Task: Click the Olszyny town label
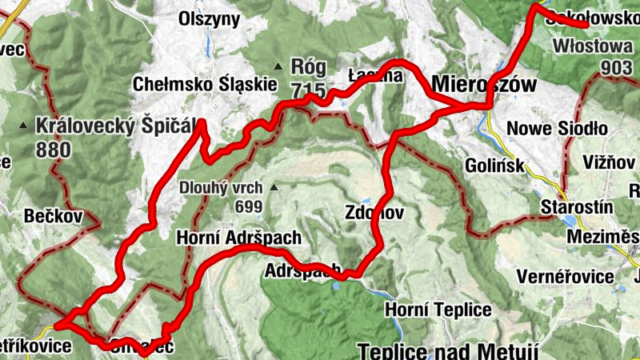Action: (210, 19)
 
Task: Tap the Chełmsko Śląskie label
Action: (205, 83)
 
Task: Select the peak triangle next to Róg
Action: (278, 66)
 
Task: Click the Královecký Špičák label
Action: (116, 126)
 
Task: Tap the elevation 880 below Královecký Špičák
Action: (54, 149)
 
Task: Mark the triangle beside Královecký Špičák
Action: (24, 126)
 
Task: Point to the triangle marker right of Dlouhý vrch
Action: (274, 189)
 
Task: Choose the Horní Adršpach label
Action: (238, 238)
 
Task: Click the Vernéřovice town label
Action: (565, 277)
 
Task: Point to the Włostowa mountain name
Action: (592, 46)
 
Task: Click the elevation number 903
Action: (616, 68)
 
